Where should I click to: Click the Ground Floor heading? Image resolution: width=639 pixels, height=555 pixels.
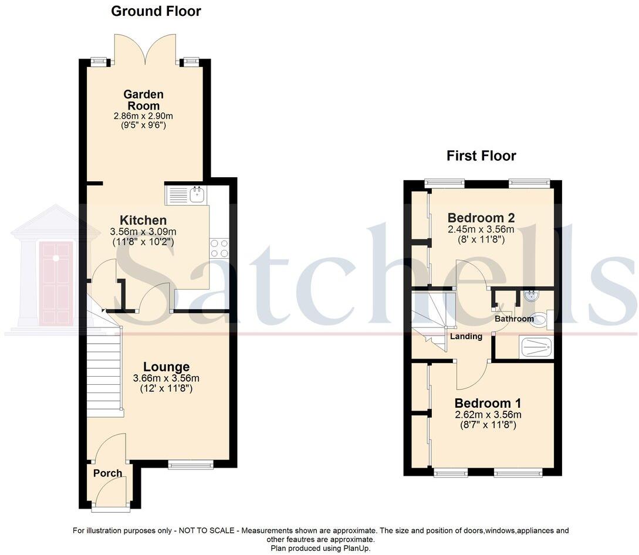click(x=155, y=11)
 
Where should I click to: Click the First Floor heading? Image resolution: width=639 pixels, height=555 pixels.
click(x=481, y=155)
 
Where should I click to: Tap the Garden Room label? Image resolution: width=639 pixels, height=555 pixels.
click(x=143, y=100)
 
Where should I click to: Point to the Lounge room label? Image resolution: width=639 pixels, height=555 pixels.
click(x=166, y=367)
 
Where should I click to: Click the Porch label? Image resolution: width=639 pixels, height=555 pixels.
click(x=108, y=473)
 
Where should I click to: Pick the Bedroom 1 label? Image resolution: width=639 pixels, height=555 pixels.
click(x=488, y=404)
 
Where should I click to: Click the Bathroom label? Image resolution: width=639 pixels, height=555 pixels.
click(x=514, y=319)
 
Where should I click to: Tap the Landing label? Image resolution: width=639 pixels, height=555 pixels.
click(x=466, y=337)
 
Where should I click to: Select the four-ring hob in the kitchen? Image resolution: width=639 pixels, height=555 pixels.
click(x=219, y=248)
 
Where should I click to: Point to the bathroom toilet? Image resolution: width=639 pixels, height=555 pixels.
click(x=540, y=319)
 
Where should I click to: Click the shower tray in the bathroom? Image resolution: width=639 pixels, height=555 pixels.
click(x=536, y=347)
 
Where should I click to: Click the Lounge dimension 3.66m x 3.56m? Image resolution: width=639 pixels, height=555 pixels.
click(x=166, y=378)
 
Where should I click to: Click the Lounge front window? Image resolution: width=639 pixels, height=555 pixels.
click(x=191, y=465)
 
